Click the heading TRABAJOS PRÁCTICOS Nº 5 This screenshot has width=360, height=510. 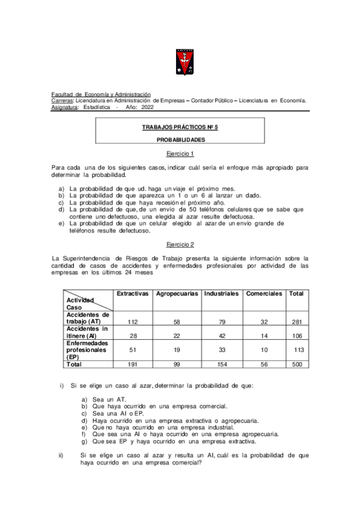(180, 128)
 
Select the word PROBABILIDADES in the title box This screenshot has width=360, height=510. (180, 140)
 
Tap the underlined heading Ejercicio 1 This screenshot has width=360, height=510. (180, 153)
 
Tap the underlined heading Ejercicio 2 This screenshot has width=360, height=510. (180, 245)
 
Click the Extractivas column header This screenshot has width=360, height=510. (132, 293)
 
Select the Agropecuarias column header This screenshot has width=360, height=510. (177, 293)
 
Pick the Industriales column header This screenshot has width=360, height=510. (221, 293)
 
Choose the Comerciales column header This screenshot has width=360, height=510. (263, 293)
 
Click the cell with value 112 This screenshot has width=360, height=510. (133, 322)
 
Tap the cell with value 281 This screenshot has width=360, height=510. (296, 322)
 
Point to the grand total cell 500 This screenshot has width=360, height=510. (296, 364)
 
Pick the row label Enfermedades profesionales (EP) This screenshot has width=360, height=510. (88, 349)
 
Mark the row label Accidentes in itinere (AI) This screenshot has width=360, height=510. (88, 332)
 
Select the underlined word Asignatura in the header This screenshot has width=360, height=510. (65, 107)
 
